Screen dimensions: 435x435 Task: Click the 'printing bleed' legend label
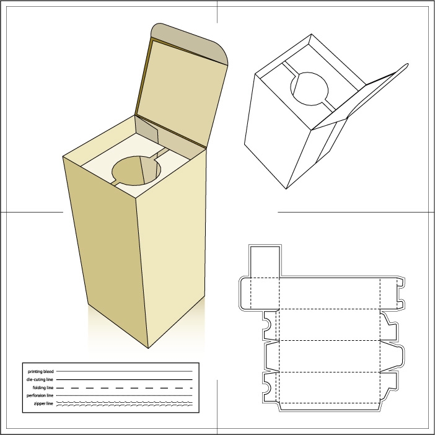coord(40,371)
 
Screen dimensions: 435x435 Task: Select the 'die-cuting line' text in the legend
coord(40,379)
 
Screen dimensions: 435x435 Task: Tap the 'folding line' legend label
coord(43,387)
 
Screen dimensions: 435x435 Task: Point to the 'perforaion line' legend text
coord(40,395)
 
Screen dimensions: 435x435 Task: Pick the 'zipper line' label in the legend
coord(43,403)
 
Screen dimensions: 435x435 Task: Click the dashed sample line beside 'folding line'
coord(125,388)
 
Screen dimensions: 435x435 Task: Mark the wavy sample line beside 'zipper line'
coord(125,403)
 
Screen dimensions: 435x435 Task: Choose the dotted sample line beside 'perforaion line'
coord(125,395)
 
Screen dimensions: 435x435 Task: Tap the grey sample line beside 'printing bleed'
coord(125,371)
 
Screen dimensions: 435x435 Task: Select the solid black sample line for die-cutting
coord(125,379)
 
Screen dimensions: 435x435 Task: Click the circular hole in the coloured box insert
coord(136,170)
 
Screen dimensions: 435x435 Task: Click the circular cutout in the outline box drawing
coord(309,89)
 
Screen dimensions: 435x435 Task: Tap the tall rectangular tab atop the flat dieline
coord(265,261)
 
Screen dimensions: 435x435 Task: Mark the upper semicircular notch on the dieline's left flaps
coord(267,324)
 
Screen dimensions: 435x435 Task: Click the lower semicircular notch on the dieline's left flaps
coord(267,387)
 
